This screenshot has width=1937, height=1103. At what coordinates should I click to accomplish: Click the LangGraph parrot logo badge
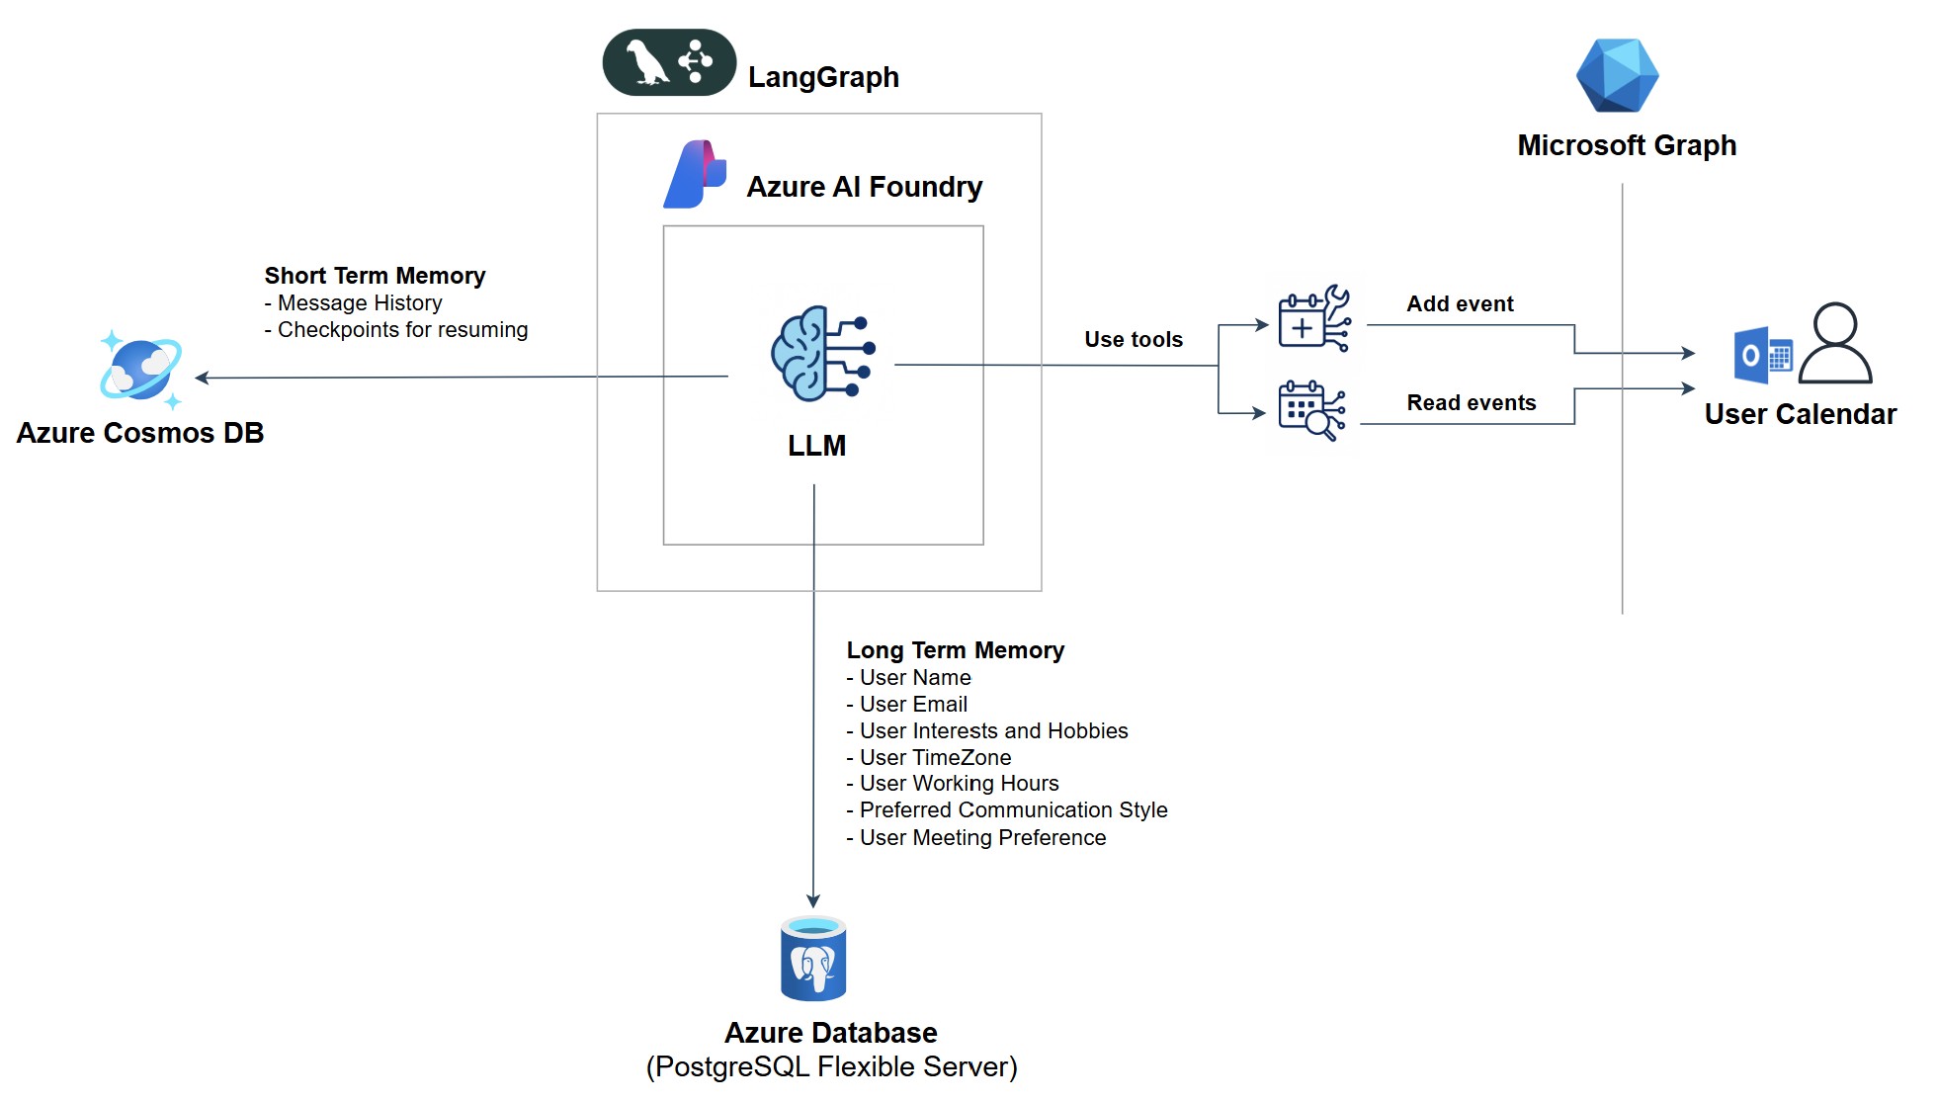(x=669, y=62)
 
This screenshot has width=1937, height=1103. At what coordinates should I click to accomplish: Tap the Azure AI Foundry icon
(x=695, y=175)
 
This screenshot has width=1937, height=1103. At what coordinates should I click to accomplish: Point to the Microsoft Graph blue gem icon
(x=1617, y=76)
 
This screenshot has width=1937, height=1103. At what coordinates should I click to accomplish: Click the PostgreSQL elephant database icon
(x=813, y=959)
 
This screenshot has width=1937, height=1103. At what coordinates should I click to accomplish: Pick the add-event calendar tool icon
(x=1313, y=319)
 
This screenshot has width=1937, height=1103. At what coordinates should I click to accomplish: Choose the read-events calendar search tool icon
(x=1311, y=410)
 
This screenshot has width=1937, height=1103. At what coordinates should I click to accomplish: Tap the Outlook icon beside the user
(x=1763, y=355)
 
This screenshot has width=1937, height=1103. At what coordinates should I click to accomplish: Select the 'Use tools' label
(x=1134, y=340)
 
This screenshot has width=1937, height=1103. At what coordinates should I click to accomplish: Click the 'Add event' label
(x=1460, y=304)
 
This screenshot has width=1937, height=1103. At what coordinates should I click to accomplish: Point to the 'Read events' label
(x=1472, y=403)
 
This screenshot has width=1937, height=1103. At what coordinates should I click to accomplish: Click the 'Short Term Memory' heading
(x=375, y=276)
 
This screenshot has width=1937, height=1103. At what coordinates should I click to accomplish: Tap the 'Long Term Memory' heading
(x=955, y=650)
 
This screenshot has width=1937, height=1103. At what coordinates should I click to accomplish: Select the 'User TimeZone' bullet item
(x=935, y=758)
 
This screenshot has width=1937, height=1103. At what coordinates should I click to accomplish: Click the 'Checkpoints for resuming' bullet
(x=402, y=330)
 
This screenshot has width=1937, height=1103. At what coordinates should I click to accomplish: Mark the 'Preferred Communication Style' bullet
(x=1013, y=810)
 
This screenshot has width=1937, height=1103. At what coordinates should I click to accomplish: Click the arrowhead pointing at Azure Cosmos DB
(x=201, y=378)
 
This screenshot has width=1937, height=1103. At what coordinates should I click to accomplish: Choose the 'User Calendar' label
(x=1800, y=414)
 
